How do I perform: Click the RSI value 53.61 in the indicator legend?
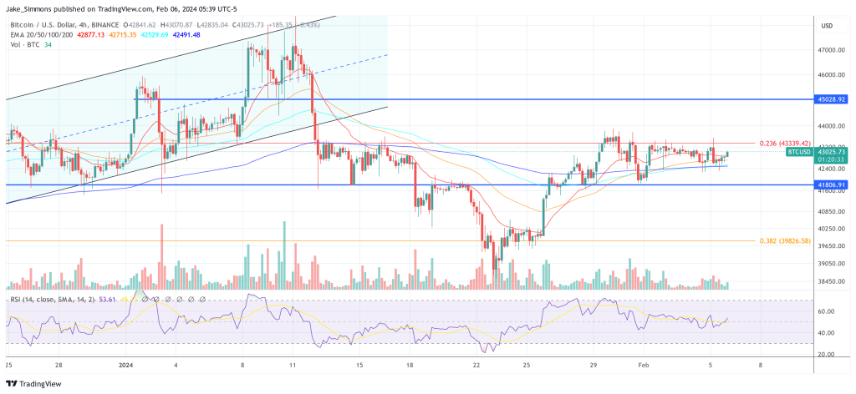(112, 298)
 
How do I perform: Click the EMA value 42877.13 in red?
(90, 35)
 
